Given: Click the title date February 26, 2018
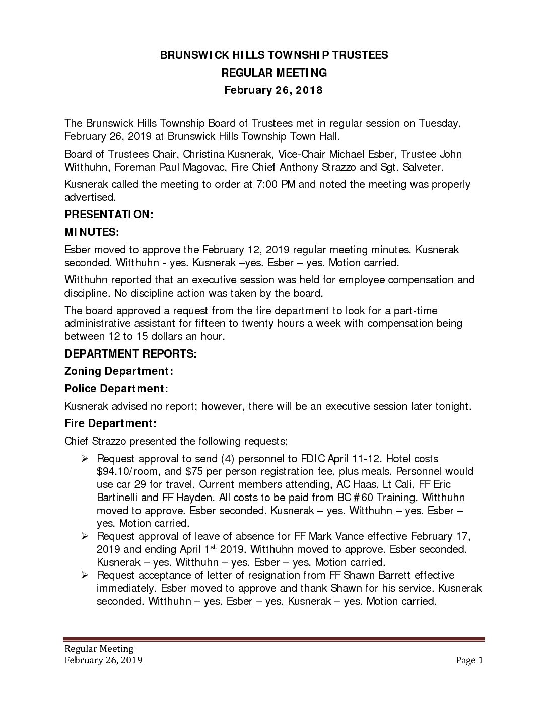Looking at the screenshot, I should click(273, 90).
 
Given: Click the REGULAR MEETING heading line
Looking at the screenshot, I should click(274, 73).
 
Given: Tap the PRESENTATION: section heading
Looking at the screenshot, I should click(109, 214).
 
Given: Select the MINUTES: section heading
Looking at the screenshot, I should click(92, 232).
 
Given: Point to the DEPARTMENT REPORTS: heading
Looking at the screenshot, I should click(130, 353).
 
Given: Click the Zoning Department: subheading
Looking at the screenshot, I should click(119, 371).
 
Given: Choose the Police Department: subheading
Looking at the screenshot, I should click(116, 389).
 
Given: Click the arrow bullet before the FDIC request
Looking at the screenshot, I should click(85, 459).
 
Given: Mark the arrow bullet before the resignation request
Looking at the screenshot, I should click(85, 575).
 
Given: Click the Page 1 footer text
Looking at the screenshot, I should click(469, 661).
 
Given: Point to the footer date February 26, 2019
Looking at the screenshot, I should click(103, 661).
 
